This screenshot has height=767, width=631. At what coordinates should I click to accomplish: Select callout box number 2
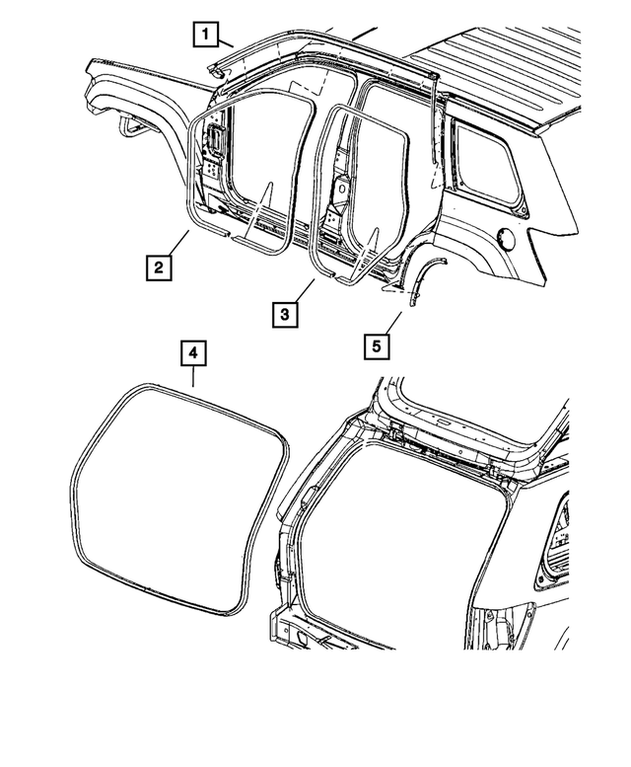click(158, 266)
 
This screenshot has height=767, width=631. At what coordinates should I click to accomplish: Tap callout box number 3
click(283, 314)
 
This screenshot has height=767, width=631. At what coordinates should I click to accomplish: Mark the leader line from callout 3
click(301, 290)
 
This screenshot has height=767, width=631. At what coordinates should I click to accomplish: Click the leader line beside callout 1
click(225, 42)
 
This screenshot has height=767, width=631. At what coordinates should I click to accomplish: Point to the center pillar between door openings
click(340, 188)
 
